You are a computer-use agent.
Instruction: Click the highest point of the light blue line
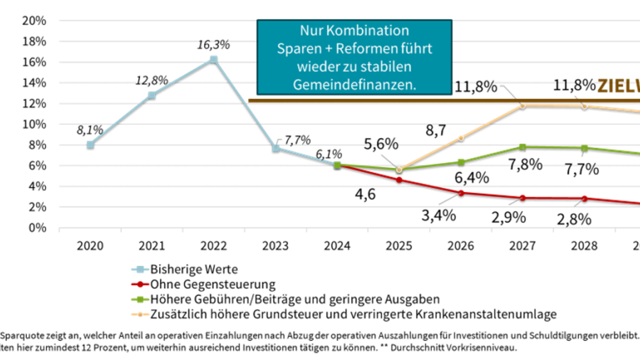coord(213,58)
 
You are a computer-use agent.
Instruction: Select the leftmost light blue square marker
coord(90,144)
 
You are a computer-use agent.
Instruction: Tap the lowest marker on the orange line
coord(399,169)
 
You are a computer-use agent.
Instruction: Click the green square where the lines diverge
coord(337,164)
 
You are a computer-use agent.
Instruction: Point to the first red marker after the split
coord(399,179)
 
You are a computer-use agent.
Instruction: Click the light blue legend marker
coord(140,269)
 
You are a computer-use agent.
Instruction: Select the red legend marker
coord(140,284)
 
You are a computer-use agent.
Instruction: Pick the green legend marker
coord(140,299)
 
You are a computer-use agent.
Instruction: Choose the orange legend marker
coord(140,314)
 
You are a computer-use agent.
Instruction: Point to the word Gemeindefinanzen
coord(354,85)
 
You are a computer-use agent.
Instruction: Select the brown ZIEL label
coord(618,87)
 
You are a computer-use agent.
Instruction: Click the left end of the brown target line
coord(249,101)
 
